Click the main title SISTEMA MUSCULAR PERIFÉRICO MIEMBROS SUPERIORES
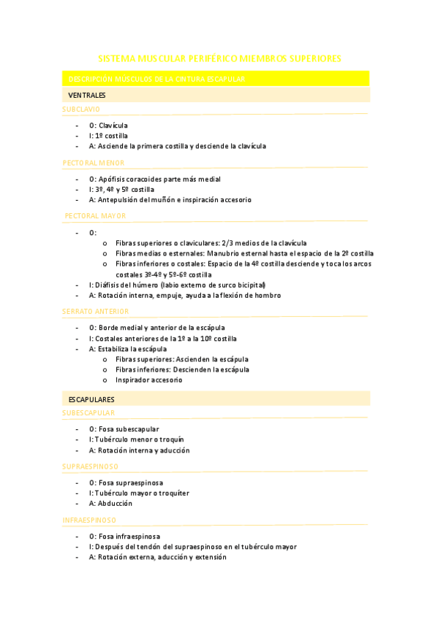(219, 58)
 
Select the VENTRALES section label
(87, 96)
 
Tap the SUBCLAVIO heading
(81, 109)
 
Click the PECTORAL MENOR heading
(94, 164)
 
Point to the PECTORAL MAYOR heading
(95, 216)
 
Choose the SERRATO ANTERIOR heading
(96, 312)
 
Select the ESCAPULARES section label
(91, 400)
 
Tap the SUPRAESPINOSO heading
(91, 466)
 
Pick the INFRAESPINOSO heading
(89, 520)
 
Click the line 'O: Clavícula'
(108, 126)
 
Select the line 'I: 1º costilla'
(108, 136)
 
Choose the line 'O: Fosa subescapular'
(124, 429)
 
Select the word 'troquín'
(170, 439)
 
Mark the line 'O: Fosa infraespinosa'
(124, 537)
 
